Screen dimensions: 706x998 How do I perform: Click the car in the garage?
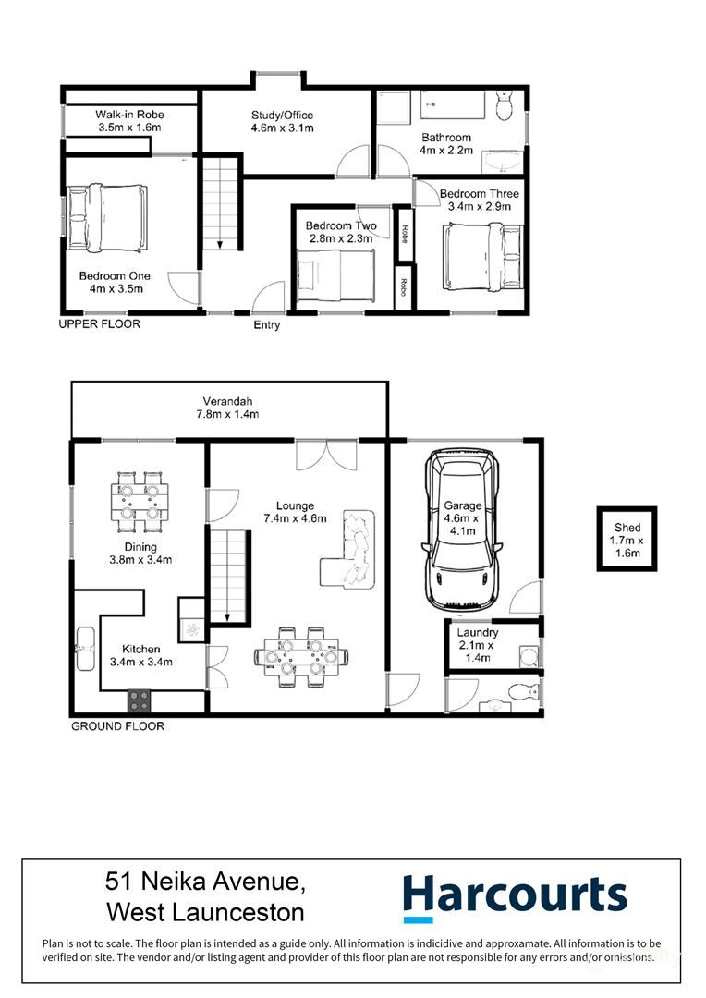(x=461, y=529)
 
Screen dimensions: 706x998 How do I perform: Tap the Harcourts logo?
(x=515, y=897)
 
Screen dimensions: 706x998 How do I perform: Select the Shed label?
(x=627, y=528)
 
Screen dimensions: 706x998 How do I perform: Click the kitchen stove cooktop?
(x=140, y=700)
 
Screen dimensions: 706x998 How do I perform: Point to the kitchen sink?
(x=85, y=649)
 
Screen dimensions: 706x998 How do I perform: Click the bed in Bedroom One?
(x=107, y=218)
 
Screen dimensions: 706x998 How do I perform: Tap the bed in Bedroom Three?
(x=483, y=257)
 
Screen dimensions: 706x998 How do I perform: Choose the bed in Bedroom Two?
(x=336, y=275)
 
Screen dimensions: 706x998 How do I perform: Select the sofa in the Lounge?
(x=349, y=548)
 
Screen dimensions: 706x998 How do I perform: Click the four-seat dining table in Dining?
(x=140, y=502)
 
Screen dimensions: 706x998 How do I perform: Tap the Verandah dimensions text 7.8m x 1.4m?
(x=227, y=414)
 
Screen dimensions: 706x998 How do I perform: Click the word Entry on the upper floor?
(x=267, y=325)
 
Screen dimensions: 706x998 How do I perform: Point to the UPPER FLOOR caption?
(x=99, y=324)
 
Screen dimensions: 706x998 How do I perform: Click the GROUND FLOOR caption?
(x=117, y=726)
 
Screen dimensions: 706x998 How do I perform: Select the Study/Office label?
(x=282, y=116)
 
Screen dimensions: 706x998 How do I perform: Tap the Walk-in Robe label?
(x=130, y=115)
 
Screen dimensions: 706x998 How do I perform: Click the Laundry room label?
(x=478, y=633)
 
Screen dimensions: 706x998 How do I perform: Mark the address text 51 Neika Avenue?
(x=206, y=882)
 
